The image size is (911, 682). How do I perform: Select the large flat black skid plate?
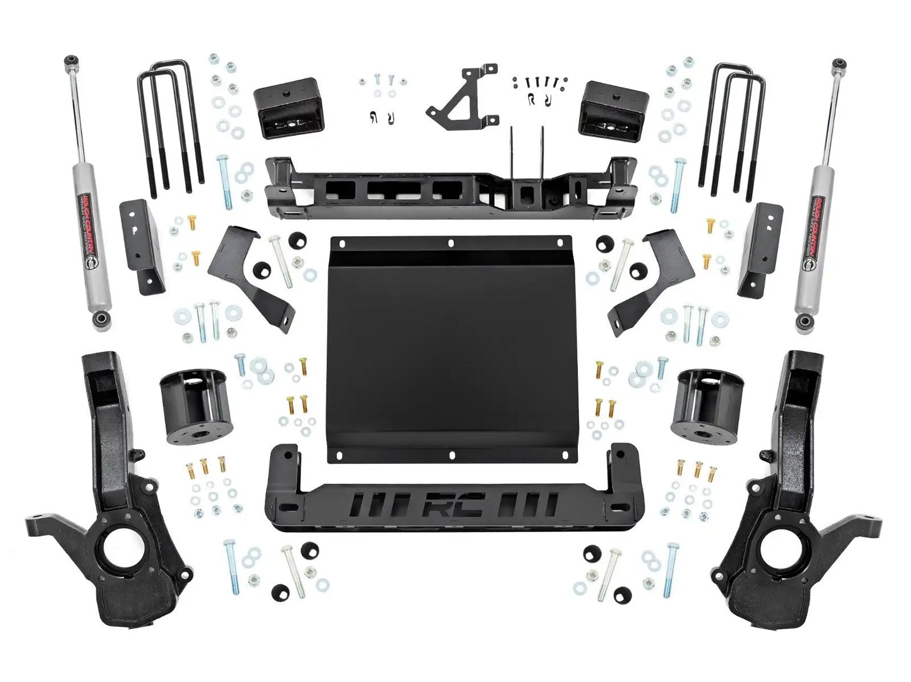click(450, 347)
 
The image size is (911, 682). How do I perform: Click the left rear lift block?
click(286, 108)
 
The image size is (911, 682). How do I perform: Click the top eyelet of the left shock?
click(71, 60)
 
